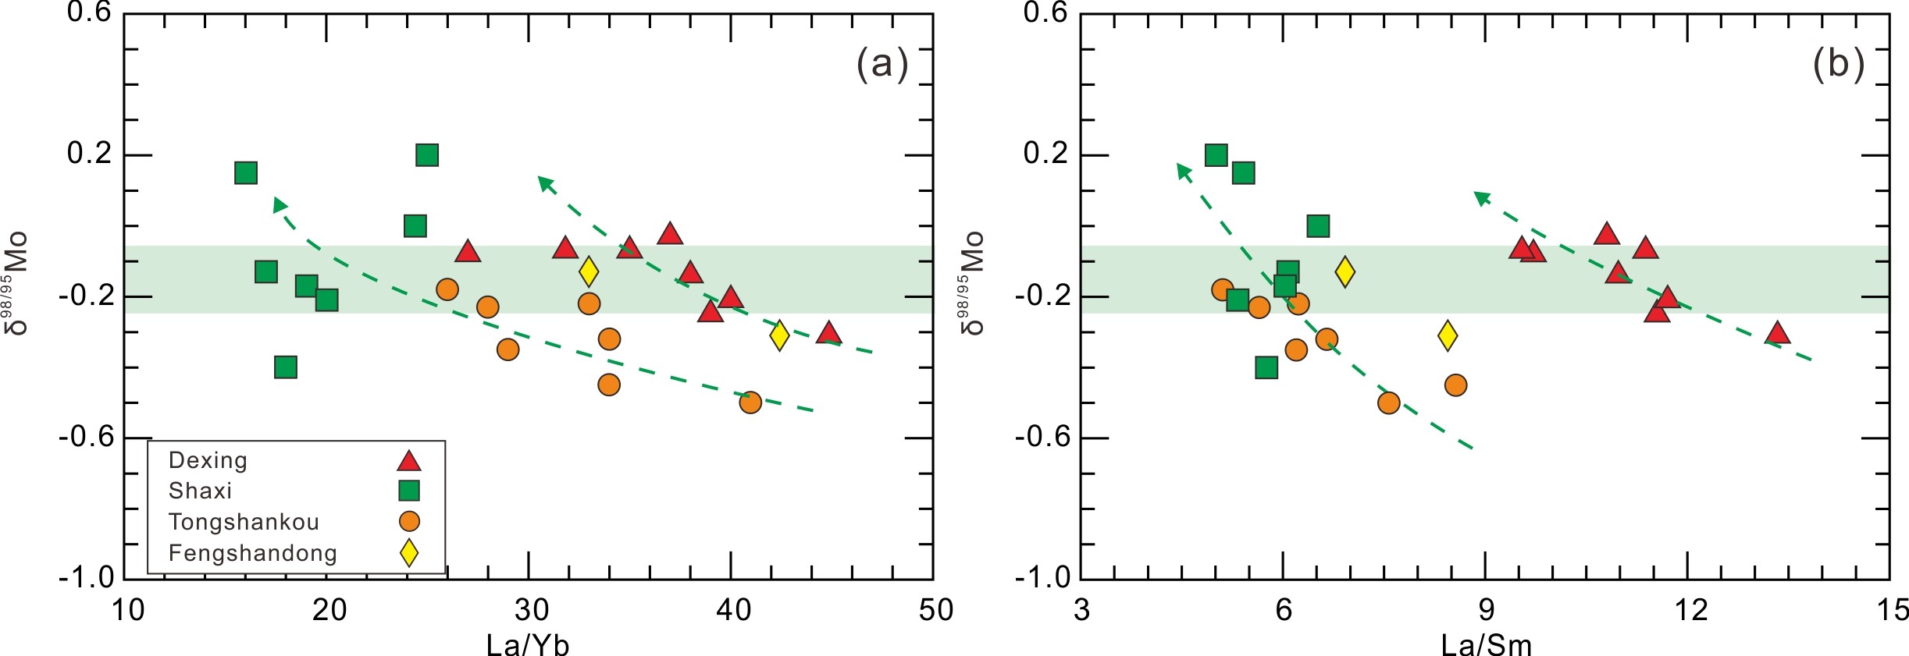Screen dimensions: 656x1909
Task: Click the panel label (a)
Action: click(x=882, y=63)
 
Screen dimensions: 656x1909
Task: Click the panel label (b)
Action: click(x=1839, y=63)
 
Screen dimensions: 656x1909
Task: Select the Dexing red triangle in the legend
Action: click(x=408, y=461)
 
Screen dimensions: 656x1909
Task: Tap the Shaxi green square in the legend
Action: click(x=408, y=491)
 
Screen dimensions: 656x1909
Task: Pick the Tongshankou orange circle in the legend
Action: click(x=408, y=521)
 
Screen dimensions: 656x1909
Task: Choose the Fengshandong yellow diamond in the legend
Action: click(x=408, y=552)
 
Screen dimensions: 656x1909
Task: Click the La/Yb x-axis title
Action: click(x=528, y=645)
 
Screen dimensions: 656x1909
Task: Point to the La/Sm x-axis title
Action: click(x=1486, y=645)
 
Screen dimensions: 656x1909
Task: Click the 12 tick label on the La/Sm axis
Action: click(x=1690, y=610)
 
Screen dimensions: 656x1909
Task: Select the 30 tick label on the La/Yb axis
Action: click(x=531, y=610)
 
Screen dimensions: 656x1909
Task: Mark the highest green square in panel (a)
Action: click(x=427, y=155)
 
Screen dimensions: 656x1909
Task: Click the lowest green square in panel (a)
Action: click(x=286, y=367)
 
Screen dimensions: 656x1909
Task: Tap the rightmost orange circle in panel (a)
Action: click(x=750, y=402)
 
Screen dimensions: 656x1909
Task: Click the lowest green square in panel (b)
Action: click(x=1266, y=367)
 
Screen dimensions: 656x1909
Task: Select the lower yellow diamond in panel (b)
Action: click(x=1448, y=335)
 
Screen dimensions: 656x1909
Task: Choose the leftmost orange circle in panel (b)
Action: click(x=1223, y=289)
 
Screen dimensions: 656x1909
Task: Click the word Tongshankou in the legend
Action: click(x=244, y=522)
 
